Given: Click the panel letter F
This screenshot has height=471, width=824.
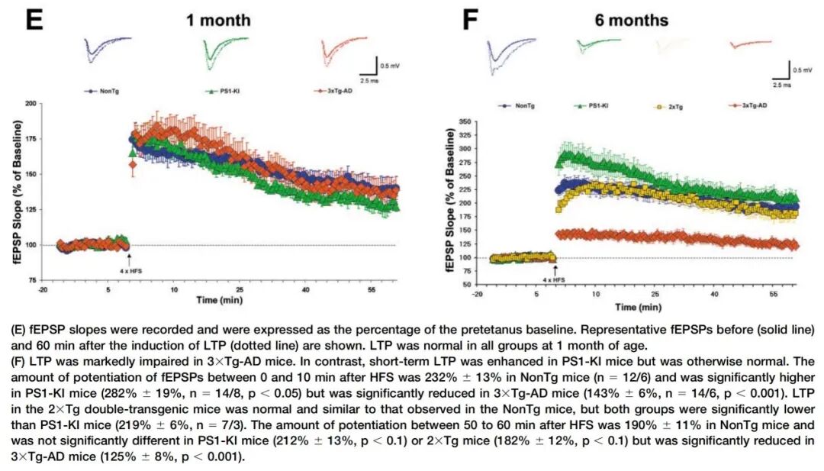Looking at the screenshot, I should [x=472, y=19].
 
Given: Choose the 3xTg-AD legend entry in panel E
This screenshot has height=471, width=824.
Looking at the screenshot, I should [x=333, y=91].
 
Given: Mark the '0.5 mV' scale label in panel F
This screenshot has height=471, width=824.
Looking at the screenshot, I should [x=802, y=70].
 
